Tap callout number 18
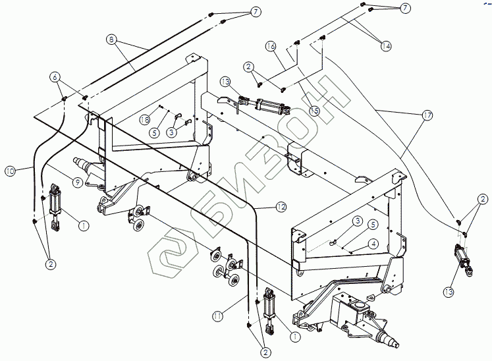pyautogui.click(x=146, y=119)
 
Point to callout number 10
pyautogui.click(x=11, y=171)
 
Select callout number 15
pyautogui.click(x=314, y=111)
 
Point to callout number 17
pyautogui.click(x=427, y=115)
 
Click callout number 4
pyautogui.click(x=373, y=243)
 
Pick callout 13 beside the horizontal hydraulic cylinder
pyautogui.click(x=225, y=82)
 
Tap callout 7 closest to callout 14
pyautogui.click(x=405, y=7)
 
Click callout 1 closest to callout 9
pyautogui.click(x=84, y=225)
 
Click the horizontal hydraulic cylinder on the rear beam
pyautogui.click(x=266, y=105)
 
